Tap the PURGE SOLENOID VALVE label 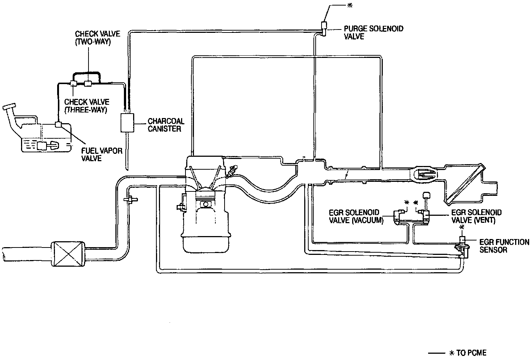coord(373,32)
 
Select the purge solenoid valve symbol coord(324,26)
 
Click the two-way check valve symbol coord(88,83)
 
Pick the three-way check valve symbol coord(73,84)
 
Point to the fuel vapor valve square coord(58,125)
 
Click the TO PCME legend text coord(471,353)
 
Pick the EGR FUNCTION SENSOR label coord(504,246)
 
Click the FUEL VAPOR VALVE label coord(102,155)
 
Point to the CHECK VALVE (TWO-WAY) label coord(93,37)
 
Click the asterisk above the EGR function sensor coord(462,227)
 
